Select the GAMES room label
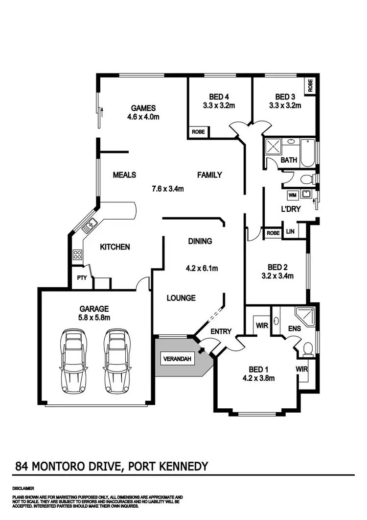143,108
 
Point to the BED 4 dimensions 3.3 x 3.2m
219,105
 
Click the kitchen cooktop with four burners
77,254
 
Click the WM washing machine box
293,195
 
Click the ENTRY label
221,332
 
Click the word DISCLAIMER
23,489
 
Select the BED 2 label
277,267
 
